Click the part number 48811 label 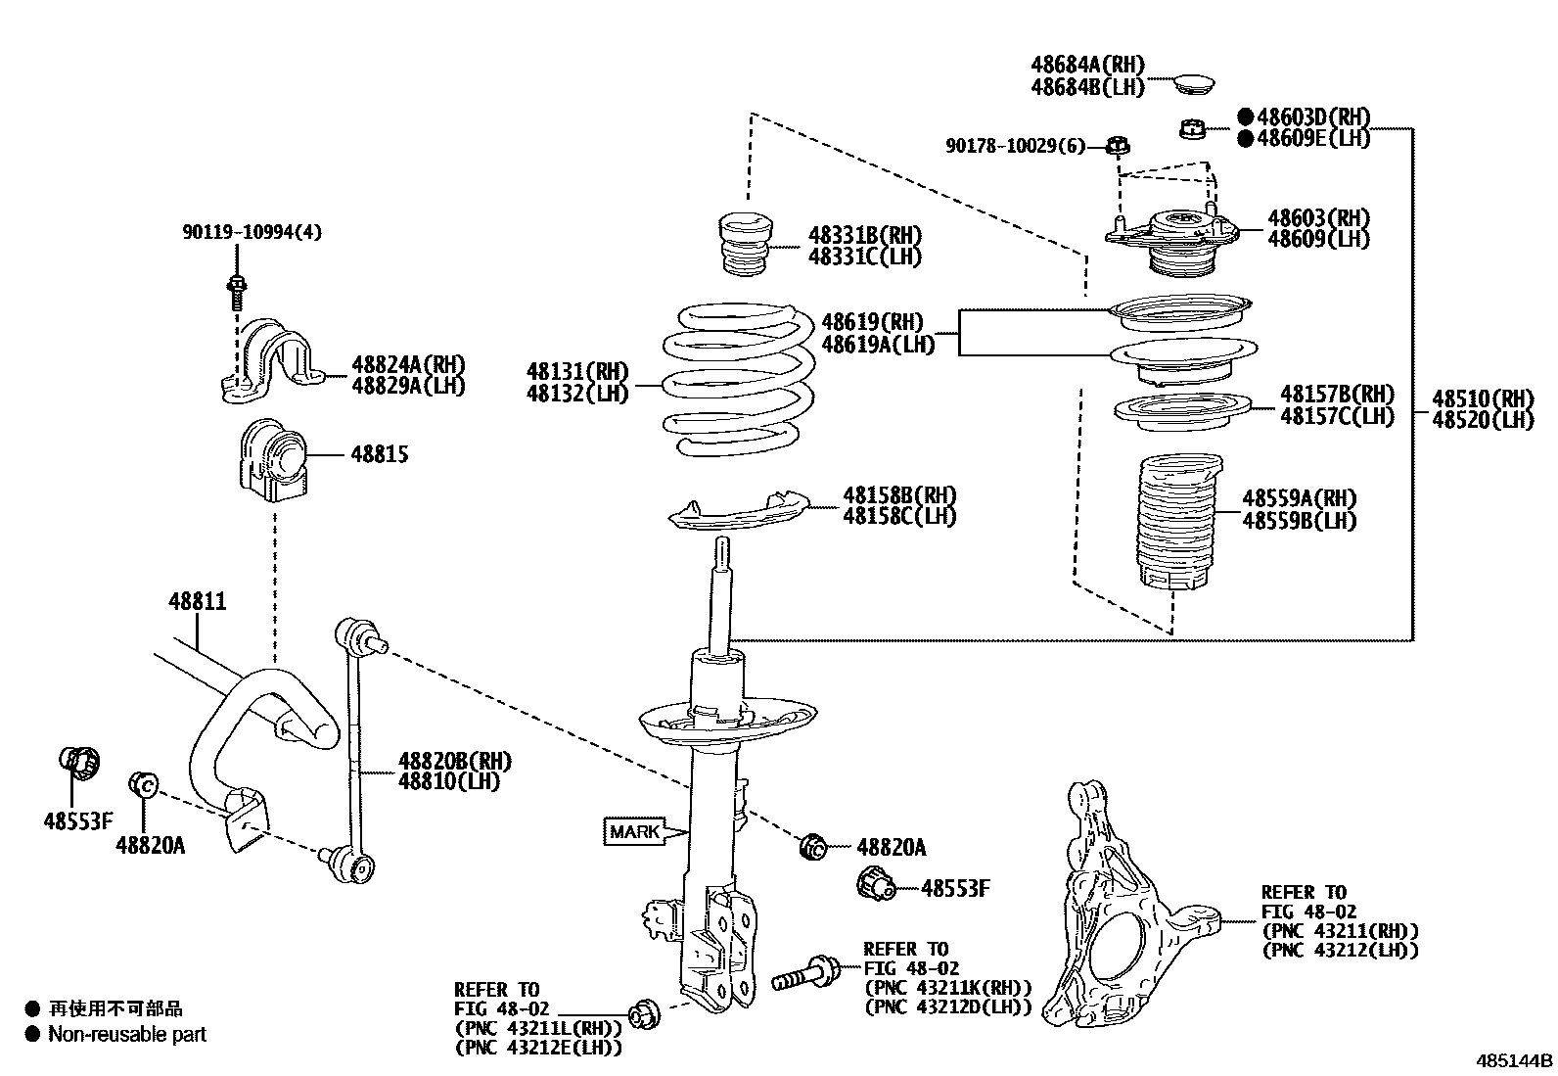(197, 601)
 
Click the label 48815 (380, 455)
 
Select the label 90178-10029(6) (1015, 146)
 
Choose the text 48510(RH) (1482, 398)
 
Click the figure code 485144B (1515, 1060)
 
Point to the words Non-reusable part (127, 1034)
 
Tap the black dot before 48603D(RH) (1245, 117)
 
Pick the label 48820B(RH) (454, 761)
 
